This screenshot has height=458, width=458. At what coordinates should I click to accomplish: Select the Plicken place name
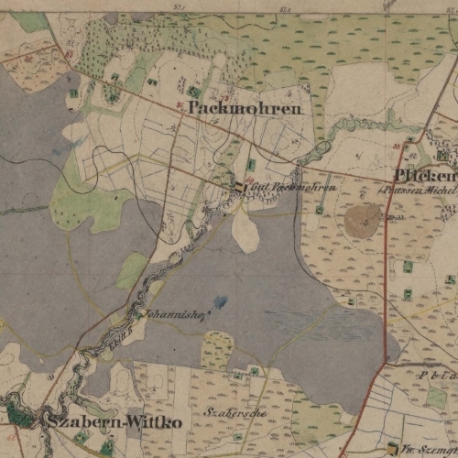(x=424, y=175)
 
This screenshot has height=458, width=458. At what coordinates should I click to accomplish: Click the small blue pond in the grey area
(x=221, y=300)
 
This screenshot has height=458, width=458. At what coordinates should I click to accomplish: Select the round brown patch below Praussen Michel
(x=363, y=220)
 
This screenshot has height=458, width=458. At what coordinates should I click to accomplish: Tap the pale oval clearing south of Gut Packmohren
(x=245, y=230)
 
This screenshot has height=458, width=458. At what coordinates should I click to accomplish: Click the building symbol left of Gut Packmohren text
(x=240, y=187)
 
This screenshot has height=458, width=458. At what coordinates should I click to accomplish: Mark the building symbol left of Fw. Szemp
(x=394, y=448)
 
